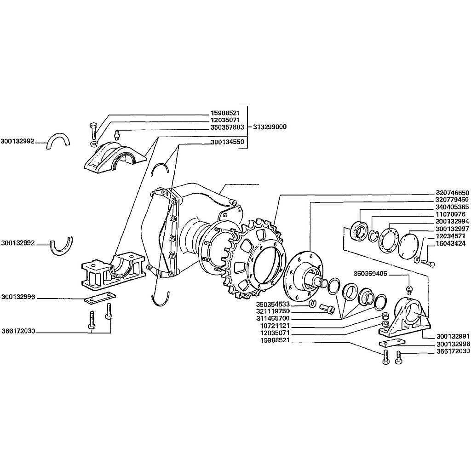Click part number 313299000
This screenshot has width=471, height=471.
pyautogui.click(x=270, y=127)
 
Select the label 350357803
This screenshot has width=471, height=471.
pyautogui.click(x=227, y=127)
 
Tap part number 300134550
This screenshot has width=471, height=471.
pyautogui.click(x=227, y=142)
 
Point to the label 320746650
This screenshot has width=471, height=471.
pyautogui.click(x=452, y=193)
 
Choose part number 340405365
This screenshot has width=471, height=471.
pyautogui.click(x=452, y=207)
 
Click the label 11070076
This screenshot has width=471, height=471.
pyautogui.click(x=450, y=214)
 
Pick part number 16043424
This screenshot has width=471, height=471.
pyautogui.click(x=450, y=243)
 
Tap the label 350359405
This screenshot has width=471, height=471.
pyautogui.click(x=370, y=274)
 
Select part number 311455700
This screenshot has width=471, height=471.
pyautogui.click(x=273, y=318)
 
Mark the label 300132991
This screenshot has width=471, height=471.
pyautogui.click(x=453, y=336)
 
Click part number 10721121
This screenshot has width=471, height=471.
pyautogui.click(x=275, y=326)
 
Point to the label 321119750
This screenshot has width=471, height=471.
pyautogui.click(x=273, y=311)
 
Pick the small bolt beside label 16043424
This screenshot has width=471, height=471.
pyautogui.click(x=428, y=263)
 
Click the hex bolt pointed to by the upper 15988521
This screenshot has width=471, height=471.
pyautogui.click(x=93, y=131)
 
